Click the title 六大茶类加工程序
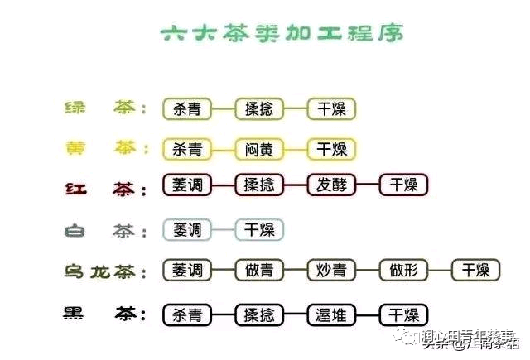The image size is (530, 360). (x=282, y=35)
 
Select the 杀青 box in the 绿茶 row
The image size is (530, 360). (x=187, y=108)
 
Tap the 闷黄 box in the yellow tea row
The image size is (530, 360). (x=259, y=149)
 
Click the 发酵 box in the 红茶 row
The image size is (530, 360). (x=331, y=185)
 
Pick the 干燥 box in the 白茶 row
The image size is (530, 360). (x=259, y=229)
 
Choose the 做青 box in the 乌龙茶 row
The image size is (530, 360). (x=259, y=270)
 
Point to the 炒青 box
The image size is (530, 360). (x=331, y=270)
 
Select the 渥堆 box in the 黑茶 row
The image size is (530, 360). (x=331, y=314)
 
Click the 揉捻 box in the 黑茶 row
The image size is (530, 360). (x=259, y=314)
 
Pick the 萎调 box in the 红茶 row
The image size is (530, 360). (x=187, y=185)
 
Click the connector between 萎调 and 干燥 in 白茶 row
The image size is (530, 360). (x=223, y=229)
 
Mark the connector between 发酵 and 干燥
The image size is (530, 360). (x=368, y=185)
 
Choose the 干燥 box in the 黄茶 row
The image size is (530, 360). (x=331, y=149)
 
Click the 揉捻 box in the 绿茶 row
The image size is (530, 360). (x=259, y=108)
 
